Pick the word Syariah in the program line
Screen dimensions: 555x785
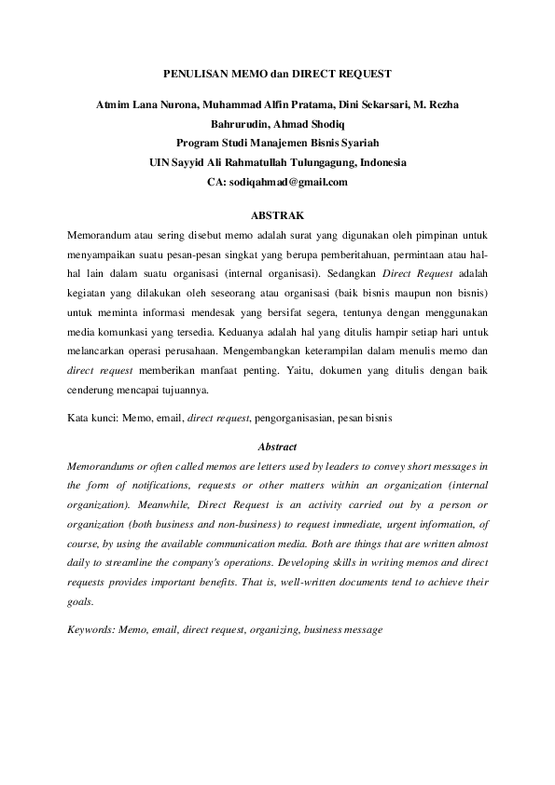(358, 143)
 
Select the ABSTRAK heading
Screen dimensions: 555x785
(277, 215)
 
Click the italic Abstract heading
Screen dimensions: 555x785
(277, 447)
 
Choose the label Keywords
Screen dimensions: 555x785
(91, 630)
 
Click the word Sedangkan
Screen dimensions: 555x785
(354, 275)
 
